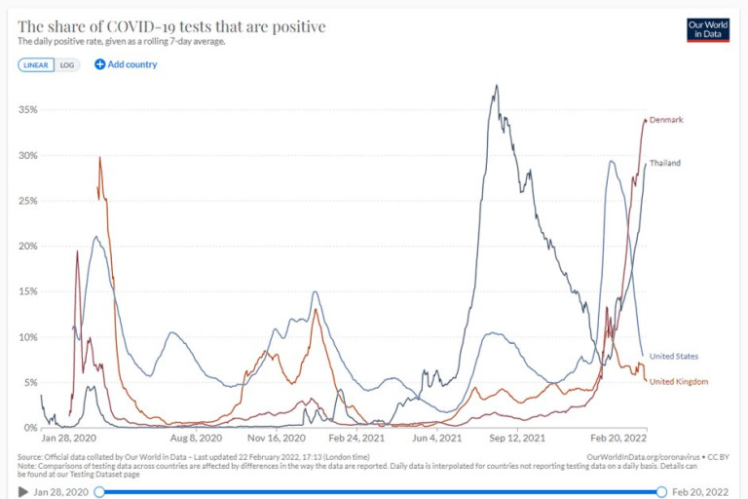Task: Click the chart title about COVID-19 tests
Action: (x=171, y=26)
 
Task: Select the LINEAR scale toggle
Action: (x=35, y=64)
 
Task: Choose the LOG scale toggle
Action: (x=66, y=64)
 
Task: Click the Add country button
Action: (x=126, y=64)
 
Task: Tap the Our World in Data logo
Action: (x=708, y=29)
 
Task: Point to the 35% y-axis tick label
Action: (x=27, y=110)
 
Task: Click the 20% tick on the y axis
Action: (x=27, y=247)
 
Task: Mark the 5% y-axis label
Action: (x=30, y=383)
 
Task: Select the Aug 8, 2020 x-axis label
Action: (x=193, y=439)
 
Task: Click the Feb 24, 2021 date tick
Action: (x=356, y=439)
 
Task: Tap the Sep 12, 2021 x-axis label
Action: (x=516, y=439)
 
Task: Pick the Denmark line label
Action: (x=666, y=120)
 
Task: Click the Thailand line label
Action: (x=665, y=163)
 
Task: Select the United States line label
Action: (x=673, y=357)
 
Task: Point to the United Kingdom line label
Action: (x=678, y=381)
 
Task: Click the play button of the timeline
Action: (x=23, y=492)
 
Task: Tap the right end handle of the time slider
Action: (x=662, y=492)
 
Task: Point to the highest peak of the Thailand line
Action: (x=497, y=86)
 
